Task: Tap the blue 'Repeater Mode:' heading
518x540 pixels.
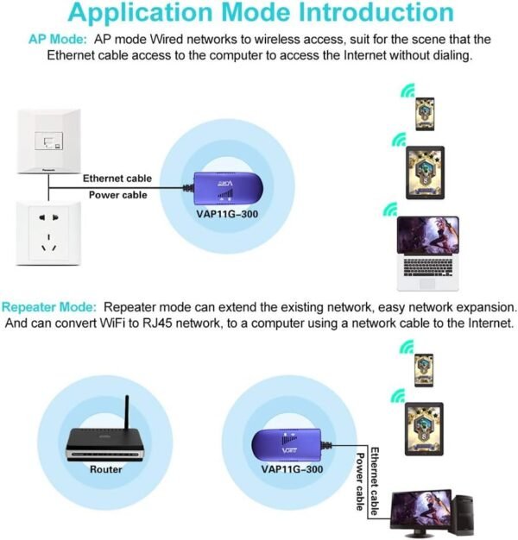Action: point(50,307)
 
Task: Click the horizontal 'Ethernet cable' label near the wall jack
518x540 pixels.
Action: point(117,179)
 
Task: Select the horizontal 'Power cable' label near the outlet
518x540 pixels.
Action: point(117,195)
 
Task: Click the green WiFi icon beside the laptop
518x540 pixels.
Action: point(391,210)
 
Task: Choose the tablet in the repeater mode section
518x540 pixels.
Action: point(425,424)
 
